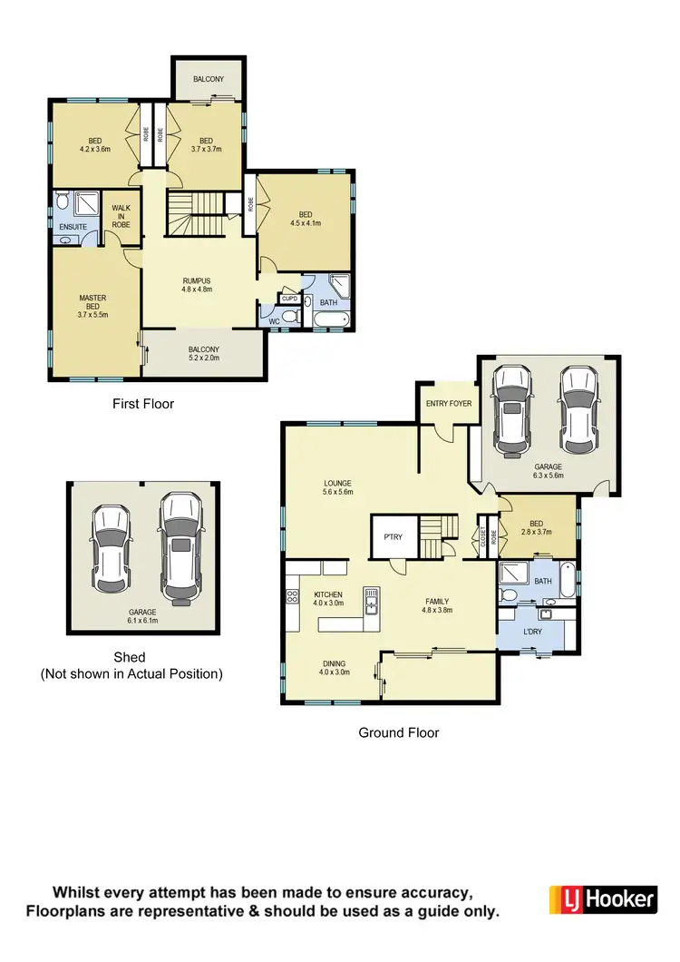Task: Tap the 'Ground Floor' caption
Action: point(399,732)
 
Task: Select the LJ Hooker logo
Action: point(603,899)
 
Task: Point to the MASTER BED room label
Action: point(93,304)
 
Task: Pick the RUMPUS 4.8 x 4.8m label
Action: point(197,286)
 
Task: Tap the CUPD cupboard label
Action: point(289,299)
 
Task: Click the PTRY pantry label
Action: point(393,537)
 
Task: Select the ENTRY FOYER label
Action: point(449,403)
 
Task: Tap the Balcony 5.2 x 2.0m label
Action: point(203,354)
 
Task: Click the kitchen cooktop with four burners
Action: point(293,597)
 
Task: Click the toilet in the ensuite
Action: point(62,201)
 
